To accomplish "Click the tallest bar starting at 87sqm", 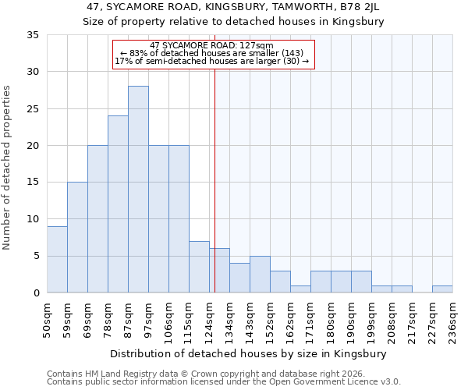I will coord(138,190).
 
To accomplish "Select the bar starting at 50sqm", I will coord(57,259).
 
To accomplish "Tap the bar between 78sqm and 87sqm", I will coord(118,204).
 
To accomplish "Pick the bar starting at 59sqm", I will coord(77,237).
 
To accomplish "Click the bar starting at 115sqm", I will coord(199,267).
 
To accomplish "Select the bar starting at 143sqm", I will coord(260,275).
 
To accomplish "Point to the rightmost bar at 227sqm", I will coord(442,289).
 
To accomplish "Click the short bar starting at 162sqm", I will coord(300,289).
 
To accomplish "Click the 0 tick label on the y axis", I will coord(36,293).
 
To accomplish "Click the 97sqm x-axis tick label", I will coord(149,318).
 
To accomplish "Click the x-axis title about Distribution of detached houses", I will coord(249,353).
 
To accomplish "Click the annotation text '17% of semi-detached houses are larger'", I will coord(211,61).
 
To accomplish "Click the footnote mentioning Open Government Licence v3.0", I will coord(223,382).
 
